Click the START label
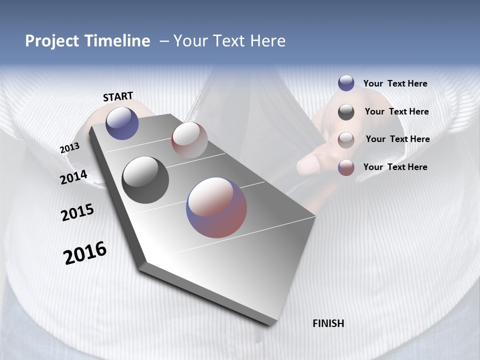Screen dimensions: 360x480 (118, 96)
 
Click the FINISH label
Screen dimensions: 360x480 (328, 323)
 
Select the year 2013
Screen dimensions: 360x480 (69, 148)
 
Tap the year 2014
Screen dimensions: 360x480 (73, 177)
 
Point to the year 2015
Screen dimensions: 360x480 (77, 212)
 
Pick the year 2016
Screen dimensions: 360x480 (85, 253)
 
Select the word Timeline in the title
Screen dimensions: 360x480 (117, 41)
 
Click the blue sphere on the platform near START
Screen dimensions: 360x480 (122, 123)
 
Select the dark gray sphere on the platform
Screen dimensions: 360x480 (145, 180)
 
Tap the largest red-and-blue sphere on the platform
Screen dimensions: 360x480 (216, 207)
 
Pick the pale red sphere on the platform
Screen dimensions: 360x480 (189, 139)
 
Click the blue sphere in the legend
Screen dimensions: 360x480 (346, 83)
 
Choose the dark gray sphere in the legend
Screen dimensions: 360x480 (346, 112)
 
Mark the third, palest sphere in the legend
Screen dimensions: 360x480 (346, 140)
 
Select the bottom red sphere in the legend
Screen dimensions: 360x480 (346, 167)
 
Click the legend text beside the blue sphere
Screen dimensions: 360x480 (395, 83)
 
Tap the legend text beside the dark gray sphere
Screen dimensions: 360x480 (396, 111)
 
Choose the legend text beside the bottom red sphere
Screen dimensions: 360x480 (395, 167)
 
